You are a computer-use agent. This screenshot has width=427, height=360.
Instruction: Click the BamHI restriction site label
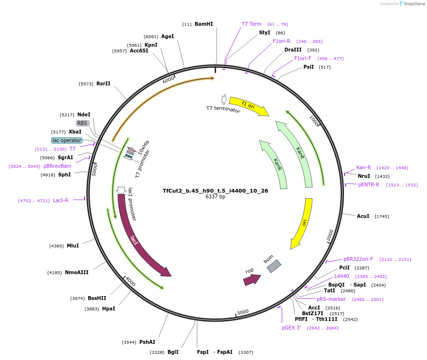[204, 24]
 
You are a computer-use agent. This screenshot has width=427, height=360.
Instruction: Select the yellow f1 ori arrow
[249, 106]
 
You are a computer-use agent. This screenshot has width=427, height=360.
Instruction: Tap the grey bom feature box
[274, 266]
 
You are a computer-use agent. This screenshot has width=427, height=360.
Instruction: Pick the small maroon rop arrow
[252, 280]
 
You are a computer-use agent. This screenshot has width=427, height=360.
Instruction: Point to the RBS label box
[83, 123]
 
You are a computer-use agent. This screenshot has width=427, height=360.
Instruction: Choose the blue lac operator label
[67, 140]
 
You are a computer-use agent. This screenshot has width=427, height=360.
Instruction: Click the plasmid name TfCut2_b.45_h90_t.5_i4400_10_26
[215, 191]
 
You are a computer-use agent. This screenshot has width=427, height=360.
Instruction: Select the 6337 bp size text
[215, 196]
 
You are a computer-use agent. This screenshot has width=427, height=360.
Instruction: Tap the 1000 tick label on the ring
[314, 121]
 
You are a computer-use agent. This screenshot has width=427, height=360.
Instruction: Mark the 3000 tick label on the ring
[243, 312]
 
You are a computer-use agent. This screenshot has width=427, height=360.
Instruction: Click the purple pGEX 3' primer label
[292, 328]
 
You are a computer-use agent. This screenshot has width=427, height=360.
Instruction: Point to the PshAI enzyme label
[147, 342]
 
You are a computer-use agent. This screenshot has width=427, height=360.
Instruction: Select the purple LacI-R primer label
[61, 201]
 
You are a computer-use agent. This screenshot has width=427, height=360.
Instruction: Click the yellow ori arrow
[303, 223]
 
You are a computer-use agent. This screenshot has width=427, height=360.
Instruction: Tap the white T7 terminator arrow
[224, 100]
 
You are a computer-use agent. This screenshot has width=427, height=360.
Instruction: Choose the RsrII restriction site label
[104, 83]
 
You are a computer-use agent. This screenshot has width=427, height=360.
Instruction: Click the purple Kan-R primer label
[364, 168]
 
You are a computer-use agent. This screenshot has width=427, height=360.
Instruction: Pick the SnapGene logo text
[415, 3]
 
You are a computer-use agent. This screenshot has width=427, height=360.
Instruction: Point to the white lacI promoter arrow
[121, 190]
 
